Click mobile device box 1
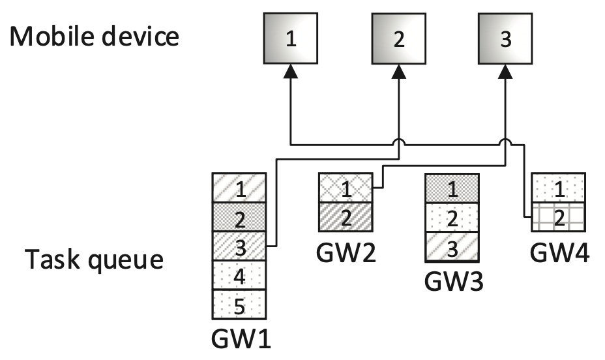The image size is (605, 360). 291,40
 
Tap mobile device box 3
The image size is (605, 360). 505,40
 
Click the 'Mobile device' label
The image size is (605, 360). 94,37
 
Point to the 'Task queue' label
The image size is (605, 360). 94,260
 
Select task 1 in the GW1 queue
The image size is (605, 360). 240,188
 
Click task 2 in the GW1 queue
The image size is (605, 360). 240,217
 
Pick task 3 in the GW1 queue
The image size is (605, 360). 240,246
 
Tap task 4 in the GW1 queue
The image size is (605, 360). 240,275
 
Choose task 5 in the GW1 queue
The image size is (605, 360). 240,303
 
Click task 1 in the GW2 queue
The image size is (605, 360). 346,188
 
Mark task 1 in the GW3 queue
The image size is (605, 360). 452,188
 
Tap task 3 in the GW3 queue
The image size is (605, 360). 452,246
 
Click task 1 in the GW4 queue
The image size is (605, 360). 558,188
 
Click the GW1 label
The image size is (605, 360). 240,339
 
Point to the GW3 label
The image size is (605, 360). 452,282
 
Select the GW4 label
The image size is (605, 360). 559,253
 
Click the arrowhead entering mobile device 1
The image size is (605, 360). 291,74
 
